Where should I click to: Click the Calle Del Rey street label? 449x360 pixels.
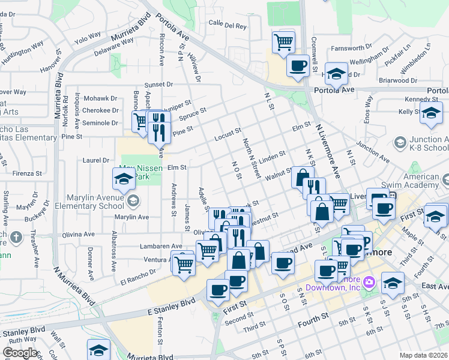click(x=228, y=26)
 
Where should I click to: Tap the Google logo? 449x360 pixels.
click(x=20, y=353)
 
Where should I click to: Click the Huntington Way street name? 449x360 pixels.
click(x=24, y=47)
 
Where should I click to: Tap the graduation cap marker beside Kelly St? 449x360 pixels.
click(x=431, y=113)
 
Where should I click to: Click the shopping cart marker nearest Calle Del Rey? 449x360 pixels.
click(x=283, y=41)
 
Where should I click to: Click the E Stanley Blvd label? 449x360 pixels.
click(x=172, y=306)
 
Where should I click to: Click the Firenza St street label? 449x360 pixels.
click(x=18, y=173)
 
